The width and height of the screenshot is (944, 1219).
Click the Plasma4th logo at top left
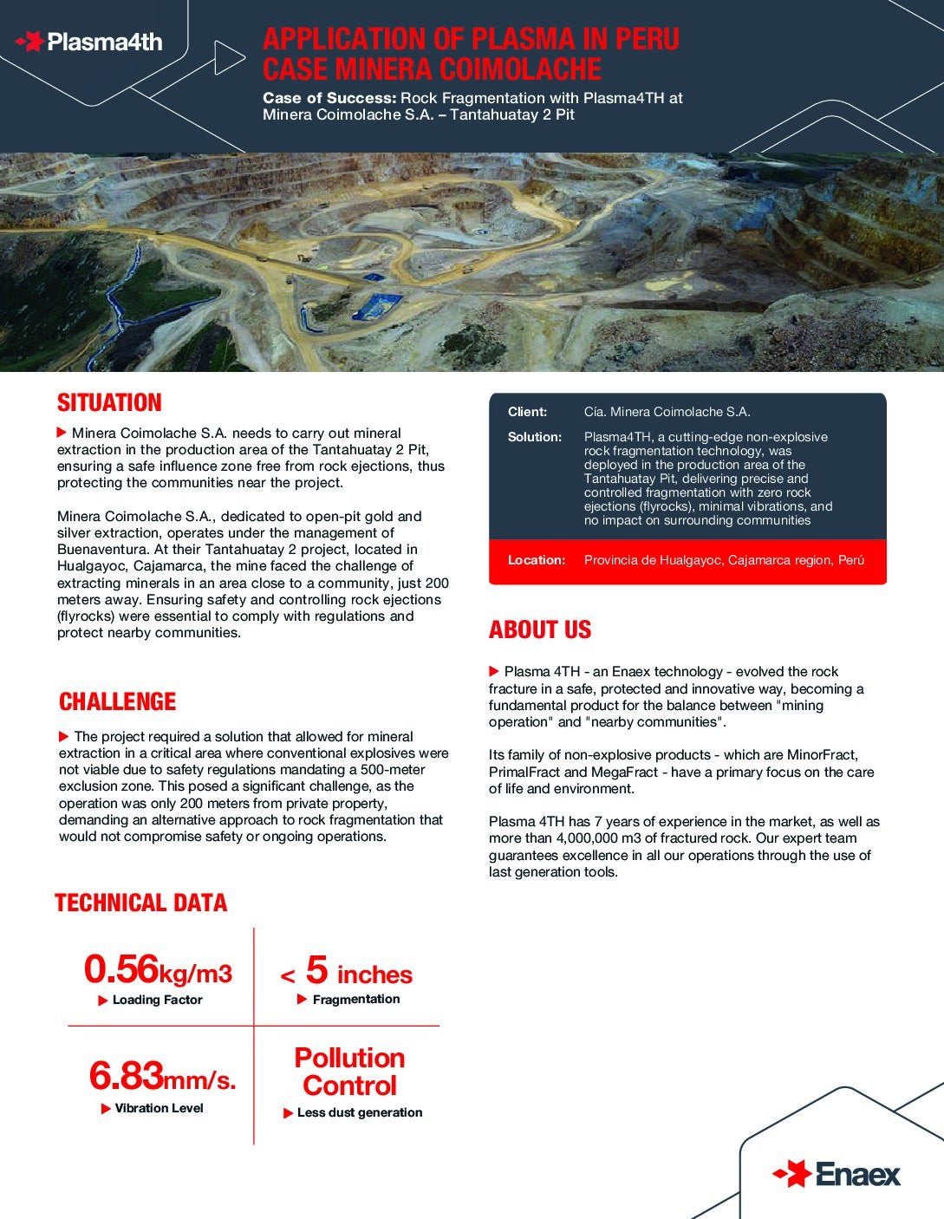(89, 42)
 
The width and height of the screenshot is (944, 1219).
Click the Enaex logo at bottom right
(837, 1174)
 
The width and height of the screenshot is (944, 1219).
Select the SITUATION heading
(109, 403)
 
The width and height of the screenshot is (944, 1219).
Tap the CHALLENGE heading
(117, 702)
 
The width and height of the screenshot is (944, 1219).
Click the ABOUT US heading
(539, 630)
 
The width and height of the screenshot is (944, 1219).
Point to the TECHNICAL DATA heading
(140, 903)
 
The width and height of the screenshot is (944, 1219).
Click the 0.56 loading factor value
(121, 969)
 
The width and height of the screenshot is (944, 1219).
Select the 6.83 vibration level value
(127, 1077)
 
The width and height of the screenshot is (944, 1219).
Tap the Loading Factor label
(157, 1000)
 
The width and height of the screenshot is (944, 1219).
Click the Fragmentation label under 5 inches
(355, 999)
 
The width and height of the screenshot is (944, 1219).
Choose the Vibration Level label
(159, 1108)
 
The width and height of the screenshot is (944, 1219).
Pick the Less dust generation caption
(359, 1112)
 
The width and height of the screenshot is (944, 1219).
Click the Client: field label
(527, 412)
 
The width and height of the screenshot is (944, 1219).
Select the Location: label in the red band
(536, 560)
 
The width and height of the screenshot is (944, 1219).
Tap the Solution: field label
(534, 437)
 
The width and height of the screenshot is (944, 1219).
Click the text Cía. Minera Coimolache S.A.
(667, 412)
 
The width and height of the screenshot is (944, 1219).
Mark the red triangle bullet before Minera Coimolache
(62, 432)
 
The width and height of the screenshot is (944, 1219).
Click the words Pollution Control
(349, 1072)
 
